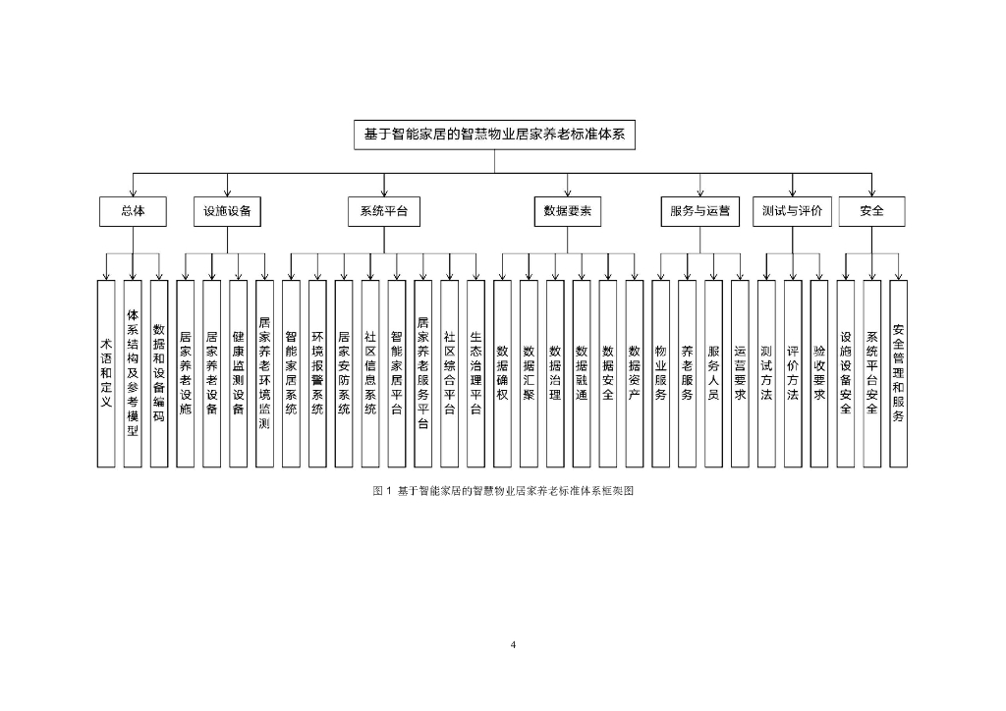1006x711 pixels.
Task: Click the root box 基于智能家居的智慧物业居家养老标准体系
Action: (x=494, y=135)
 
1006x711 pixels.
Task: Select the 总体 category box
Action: (x=133, y=211)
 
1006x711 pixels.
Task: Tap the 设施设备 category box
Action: (x=227, y=211)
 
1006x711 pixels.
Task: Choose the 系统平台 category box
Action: (x=383, y=211)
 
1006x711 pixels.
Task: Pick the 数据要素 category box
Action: (x=568, y=211)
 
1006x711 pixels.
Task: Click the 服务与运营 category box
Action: (x=699, y=211)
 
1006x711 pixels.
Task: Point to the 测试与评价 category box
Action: (x=792, y=211)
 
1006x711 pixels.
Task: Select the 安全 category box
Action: (x=871, y=211)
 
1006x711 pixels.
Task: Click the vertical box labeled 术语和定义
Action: (x=106, y=373)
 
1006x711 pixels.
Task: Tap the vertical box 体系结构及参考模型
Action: (x=133, y=373)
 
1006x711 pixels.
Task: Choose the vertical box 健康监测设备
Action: (x=238, y=373)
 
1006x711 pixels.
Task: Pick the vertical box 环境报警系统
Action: (x=317, y=373)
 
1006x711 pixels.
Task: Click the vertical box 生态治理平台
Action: (x=475, y=373)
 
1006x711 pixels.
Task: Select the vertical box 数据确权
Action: (x=502, y=373)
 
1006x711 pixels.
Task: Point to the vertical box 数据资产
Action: (x=634, y=373)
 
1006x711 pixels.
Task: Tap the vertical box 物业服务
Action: (x=660, y=373)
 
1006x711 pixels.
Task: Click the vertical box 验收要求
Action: (x=818, y=373)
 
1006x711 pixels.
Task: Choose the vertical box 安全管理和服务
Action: (x=898, y=373)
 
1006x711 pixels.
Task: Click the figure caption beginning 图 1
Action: (x=503, y=490)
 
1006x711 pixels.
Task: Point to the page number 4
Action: (x=513, y=644)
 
